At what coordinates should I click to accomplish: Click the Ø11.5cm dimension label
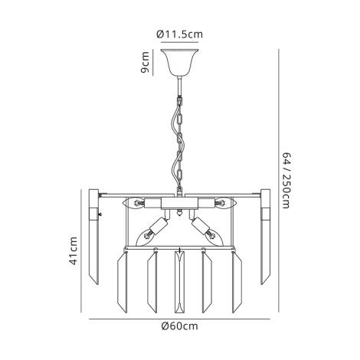pos(179,33)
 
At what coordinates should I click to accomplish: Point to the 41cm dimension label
pos(74,250)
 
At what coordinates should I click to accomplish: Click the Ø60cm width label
pos(179,327)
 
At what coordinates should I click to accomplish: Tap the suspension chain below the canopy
pos(179,138)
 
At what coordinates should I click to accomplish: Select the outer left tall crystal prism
pos(94,237)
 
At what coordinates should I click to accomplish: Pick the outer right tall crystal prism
pos(266,237)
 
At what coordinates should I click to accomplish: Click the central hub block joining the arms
pos(179,205)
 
